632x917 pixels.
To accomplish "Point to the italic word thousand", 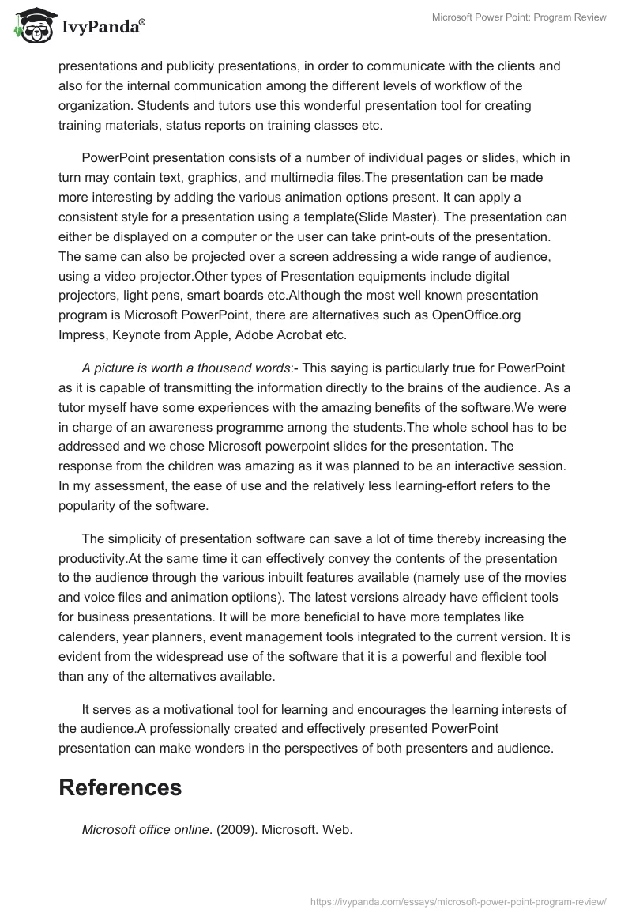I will (x=227, y=369).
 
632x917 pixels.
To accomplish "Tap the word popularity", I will (x=89, y=504).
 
